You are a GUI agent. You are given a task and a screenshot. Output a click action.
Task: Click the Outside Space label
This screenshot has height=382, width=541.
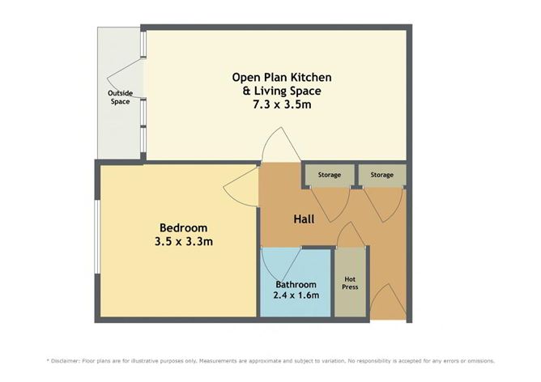[120, 98]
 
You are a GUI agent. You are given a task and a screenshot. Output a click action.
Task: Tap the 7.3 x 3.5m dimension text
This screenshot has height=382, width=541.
[281, 105]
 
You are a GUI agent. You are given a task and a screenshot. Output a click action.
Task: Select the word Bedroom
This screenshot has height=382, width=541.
[183, 227]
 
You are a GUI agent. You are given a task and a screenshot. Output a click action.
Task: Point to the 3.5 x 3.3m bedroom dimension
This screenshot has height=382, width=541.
[183, 241]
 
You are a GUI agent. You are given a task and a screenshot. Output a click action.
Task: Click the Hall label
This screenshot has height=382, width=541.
[304, 219]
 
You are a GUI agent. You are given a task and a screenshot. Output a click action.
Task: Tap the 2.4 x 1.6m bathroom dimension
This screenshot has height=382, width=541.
[296, 295]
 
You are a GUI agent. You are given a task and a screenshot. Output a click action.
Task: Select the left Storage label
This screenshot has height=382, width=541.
[329, 175]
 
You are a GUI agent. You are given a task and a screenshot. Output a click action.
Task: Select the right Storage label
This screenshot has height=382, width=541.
[382, 175]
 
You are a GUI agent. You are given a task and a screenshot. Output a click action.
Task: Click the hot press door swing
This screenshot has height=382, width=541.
[351, 236]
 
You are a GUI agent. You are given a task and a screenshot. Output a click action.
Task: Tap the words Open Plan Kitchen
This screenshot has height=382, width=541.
[282, 78]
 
